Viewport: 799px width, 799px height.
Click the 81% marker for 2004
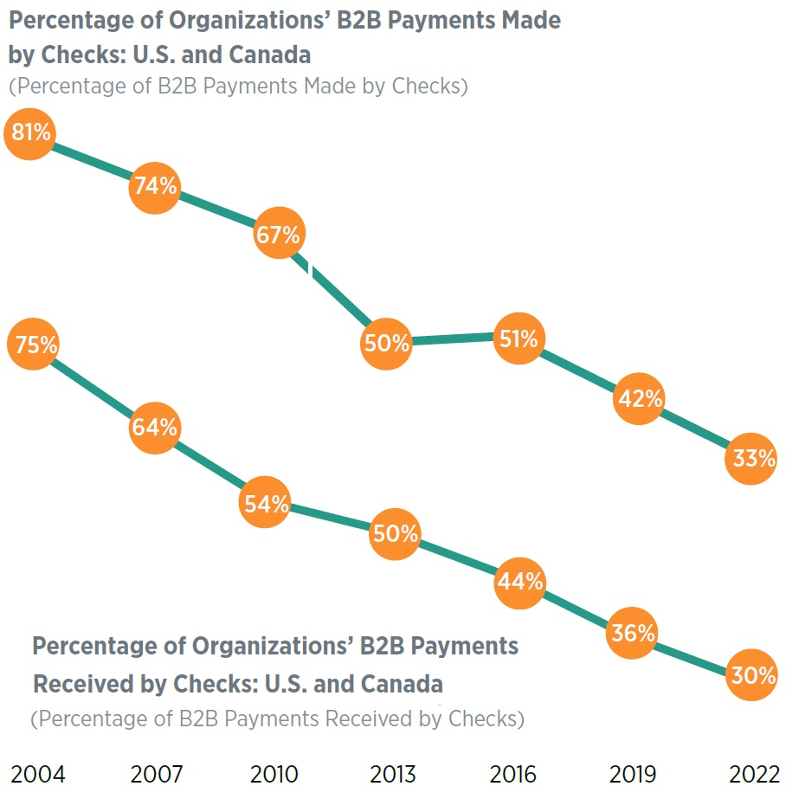31,133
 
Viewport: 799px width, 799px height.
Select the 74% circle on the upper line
155,186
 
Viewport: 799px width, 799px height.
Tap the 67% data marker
279,234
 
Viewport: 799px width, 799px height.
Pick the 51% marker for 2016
518,338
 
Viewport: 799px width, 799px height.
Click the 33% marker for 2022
751,459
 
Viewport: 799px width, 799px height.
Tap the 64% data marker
155,428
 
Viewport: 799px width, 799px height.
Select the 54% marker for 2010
265,505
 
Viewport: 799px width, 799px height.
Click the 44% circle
519,583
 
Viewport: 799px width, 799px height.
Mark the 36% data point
632,633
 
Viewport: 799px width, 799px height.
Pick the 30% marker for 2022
751,675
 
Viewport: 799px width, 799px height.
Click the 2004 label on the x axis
37,774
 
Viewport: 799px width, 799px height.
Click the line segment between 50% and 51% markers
452,339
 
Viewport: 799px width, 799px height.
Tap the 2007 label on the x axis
156,774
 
